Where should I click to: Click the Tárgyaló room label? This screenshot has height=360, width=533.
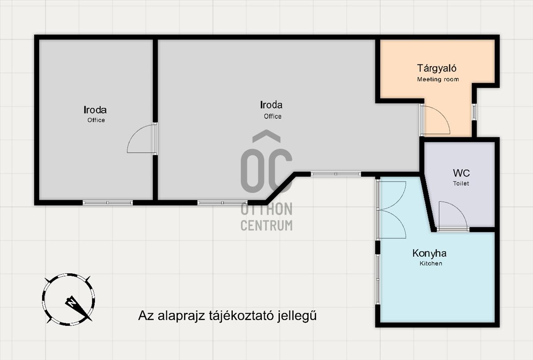pos(437,69)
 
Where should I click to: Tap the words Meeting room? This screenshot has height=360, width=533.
pos(438,79)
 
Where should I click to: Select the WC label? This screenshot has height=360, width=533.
pos(461,173)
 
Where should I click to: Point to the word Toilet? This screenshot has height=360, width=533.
pos(461,183)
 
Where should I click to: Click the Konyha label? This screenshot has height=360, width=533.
pos(429,253)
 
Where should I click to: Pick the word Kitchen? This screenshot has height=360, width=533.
pos(431,263)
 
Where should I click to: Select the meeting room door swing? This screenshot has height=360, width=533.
pos(435,120)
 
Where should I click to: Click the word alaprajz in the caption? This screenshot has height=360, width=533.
pos(181,316)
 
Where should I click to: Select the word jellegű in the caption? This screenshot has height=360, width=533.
pos(297,316)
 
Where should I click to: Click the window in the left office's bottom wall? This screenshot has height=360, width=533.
pos(107,203)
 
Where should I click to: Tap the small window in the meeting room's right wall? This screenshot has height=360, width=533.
pos(474,112)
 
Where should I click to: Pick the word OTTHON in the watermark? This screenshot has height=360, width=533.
pos(266,209)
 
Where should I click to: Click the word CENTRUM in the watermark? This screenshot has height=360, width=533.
pos(266,225)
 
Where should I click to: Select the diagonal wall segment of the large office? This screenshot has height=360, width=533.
pos(281,188)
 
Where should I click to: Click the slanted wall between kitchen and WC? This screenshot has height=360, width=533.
pos(428,202)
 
